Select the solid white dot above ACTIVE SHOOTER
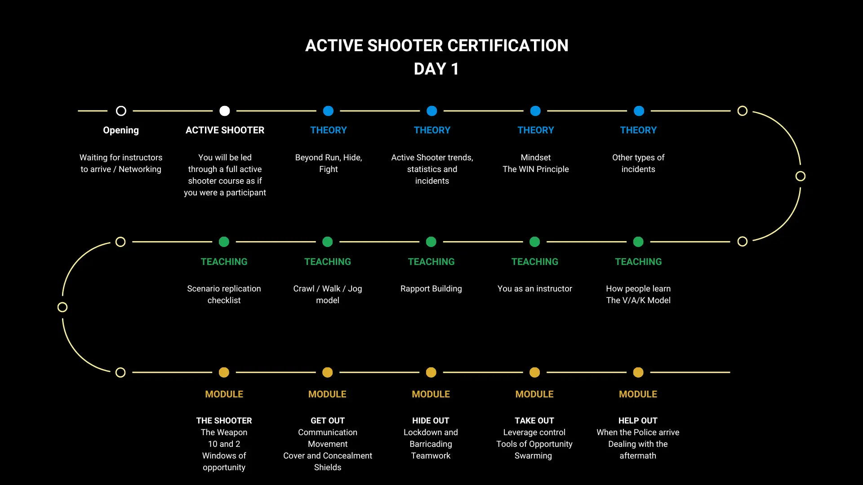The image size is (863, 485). (225, 111)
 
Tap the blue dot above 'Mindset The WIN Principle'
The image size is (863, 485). (535, 111)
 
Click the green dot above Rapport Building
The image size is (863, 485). (431, 242)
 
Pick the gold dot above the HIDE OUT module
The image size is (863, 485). (431, 372)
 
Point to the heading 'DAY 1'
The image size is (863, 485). (436, 69)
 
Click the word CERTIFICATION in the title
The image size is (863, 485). (508, 45)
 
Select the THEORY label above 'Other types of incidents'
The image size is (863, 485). (638, 130)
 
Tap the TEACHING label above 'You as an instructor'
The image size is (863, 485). (535, 262)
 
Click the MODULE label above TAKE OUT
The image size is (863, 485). (534, 394)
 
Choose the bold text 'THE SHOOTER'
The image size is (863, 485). (224, 421)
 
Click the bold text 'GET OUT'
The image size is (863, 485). (328, 421)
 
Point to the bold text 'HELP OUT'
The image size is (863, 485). (638, 421)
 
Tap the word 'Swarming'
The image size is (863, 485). (533, 456)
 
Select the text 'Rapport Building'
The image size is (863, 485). (431, 289)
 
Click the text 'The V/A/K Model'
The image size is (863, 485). (638, 300)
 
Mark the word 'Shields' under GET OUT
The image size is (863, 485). (328, 467)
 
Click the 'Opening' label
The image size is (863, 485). (121, 131)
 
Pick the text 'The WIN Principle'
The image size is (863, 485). (536, 169)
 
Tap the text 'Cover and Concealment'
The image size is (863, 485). (328, 456)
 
